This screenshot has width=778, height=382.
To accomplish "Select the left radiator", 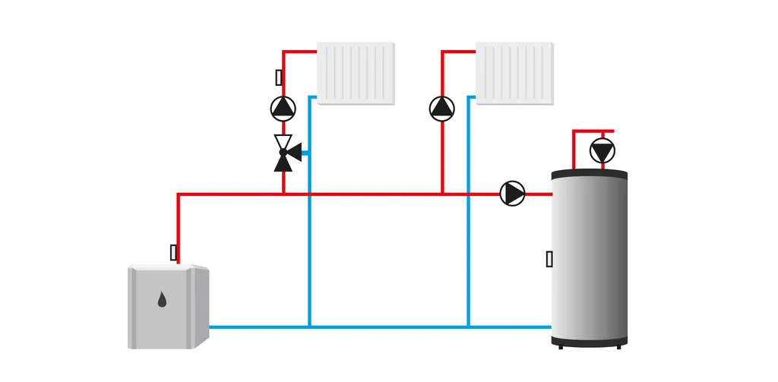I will click(356, 73).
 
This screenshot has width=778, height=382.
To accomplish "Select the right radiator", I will click(514, 73).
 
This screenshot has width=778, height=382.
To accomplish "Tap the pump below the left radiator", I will click(283, 108).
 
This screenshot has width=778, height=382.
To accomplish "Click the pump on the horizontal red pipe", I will click(513, 194).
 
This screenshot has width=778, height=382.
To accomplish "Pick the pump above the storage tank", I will click(603, 151).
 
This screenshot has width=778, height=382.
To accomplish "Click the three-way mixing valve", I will click(284, 152).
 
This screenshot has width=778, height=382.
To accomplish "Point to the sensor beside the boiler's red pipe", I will click(174, 252).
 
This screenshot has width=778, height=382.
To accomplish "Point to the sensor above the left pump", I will click(279, 77).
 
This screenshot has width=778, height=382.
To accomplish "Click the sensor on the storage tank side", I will click(549, 259).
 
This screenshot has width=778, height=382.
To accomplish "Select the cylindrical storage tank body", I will click(590, 258).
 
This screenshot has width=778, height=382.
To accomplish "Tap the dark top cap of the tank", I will click(590, 175).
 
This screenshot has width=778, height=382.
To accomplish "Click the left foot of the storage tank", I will click(561, 346).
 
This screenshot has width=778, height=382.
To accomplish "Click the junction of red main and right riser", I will click(441, 194).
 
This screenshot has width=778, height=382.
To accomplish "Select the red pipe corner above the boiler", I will click(179, 194).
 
